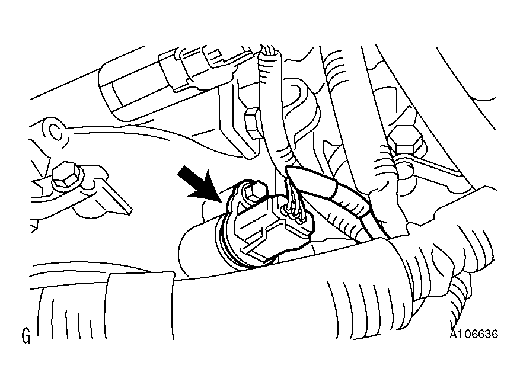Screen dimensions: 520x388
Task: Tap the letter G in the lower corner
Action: [26, 336]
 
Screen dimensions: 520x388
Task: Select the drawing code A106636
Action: [474, 334]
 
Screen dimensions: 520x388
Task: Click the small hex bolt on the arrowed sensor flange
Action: [255, 192]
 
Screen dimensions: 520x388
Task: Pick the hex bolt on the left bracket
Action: [66, 175]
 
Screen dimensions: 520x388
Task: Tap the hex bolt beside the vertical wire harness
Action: [253, 123]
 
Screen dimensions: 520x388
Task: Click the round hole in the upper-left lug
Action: [54, 132]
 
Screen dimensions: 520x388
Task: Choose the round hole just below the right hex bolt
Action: [405, 169]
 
